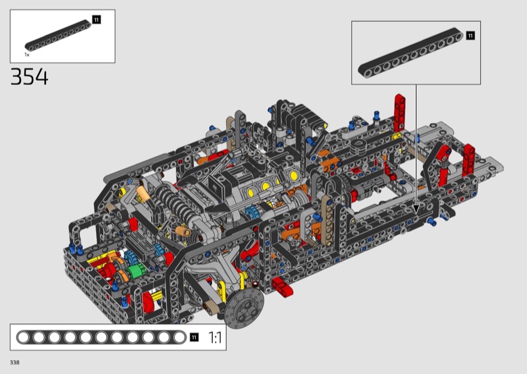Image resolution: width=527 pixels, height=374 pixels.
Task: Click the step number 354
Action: pos(30,76)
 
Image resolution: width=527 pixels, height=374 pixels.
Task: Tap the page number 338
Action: pos(14,362)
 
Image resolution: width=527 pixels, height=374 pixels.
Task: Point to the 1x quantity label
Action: pos(27,55)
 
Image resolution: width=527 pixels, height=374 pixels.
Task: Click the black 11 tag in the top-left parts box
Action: pos(96,20)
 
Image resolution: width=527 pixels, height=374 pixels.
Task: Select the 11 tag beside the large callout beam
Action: pos(470,36)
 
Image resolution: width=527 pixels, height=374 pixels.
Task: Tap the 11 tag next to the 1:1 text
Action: pos(194,337)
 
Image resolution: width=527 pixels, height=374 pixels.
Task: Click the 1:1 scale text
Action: pos(215,337)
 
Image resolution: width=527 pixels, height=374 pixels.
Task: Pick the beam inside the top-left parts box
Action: pos(58,36)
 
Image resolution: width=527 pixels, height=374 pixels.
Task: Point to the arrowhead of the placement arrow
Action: pos(416,209)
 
